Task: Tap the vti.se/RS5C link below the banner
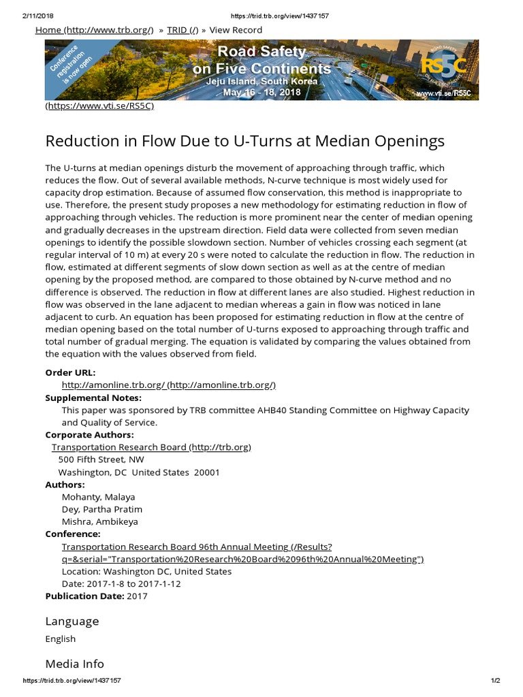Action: (x=100, y=106)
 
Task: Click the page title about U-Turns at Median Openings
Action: (x=244, y=141)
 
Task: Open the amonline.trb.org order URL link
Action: (x=168, y=385)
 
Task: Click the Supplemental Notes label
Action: (x=93, y=398)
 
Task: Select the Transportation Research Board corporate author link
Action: (x=151, y=447)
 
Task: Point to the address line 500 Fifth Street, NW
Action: (x=101, y=459)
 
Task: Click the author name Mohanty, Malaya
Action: (x=98, y=497)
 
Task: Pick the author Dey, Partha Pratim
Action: (x=102, y=509)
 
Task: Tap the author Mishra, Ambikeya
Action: (x=99, y=521)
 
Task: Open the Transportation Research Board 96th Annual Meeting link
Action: (x=242, y=553)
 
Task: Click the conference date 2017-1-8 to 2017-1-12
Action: (x=121, y=583)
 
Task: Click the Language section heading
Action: (x=72, y=621)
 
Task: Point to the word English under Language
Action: (x=61, y=638)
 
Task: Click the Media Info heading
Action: (x=75, y=663)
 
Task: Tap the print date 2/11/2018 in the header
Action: (x=39, y=16)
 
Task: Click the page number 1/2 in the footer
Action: (x=494, y=681)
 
